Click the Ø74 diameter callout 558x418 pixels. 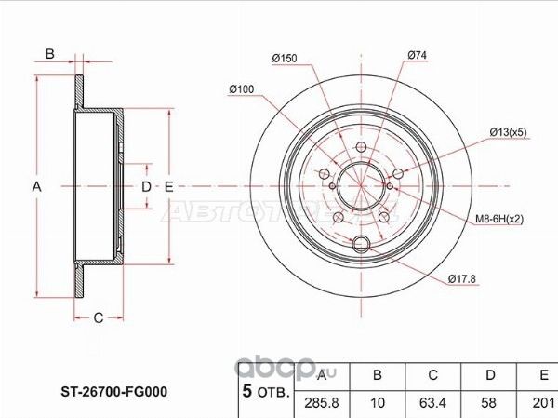416,59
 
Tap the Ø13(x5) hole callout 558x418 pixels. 509,132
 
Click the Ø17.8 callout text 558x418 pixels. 462,277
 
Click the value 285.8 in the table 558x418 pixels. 322,402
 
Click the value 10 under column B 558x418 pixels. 377,402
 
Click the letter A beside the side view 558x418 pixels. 37,187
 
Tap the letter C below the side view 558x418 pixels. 97,317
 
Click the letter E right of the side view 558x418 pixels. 168,187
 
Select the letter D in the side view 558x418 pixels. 145,187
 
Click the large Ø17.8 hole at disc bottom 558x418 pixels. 362,246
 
